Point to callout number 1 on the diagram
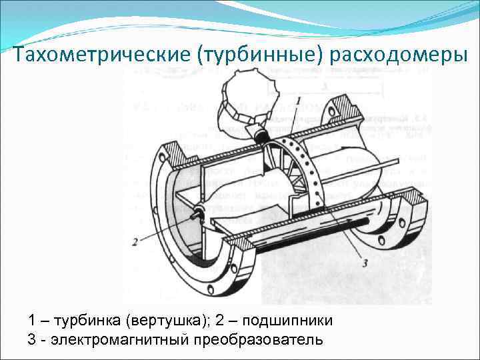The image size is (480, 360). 299,99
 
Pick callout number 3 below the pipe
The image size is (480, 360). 365,262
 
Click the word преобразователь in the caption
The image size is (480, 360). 256,340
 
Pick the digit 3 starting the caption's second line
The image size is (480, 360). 32,340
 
